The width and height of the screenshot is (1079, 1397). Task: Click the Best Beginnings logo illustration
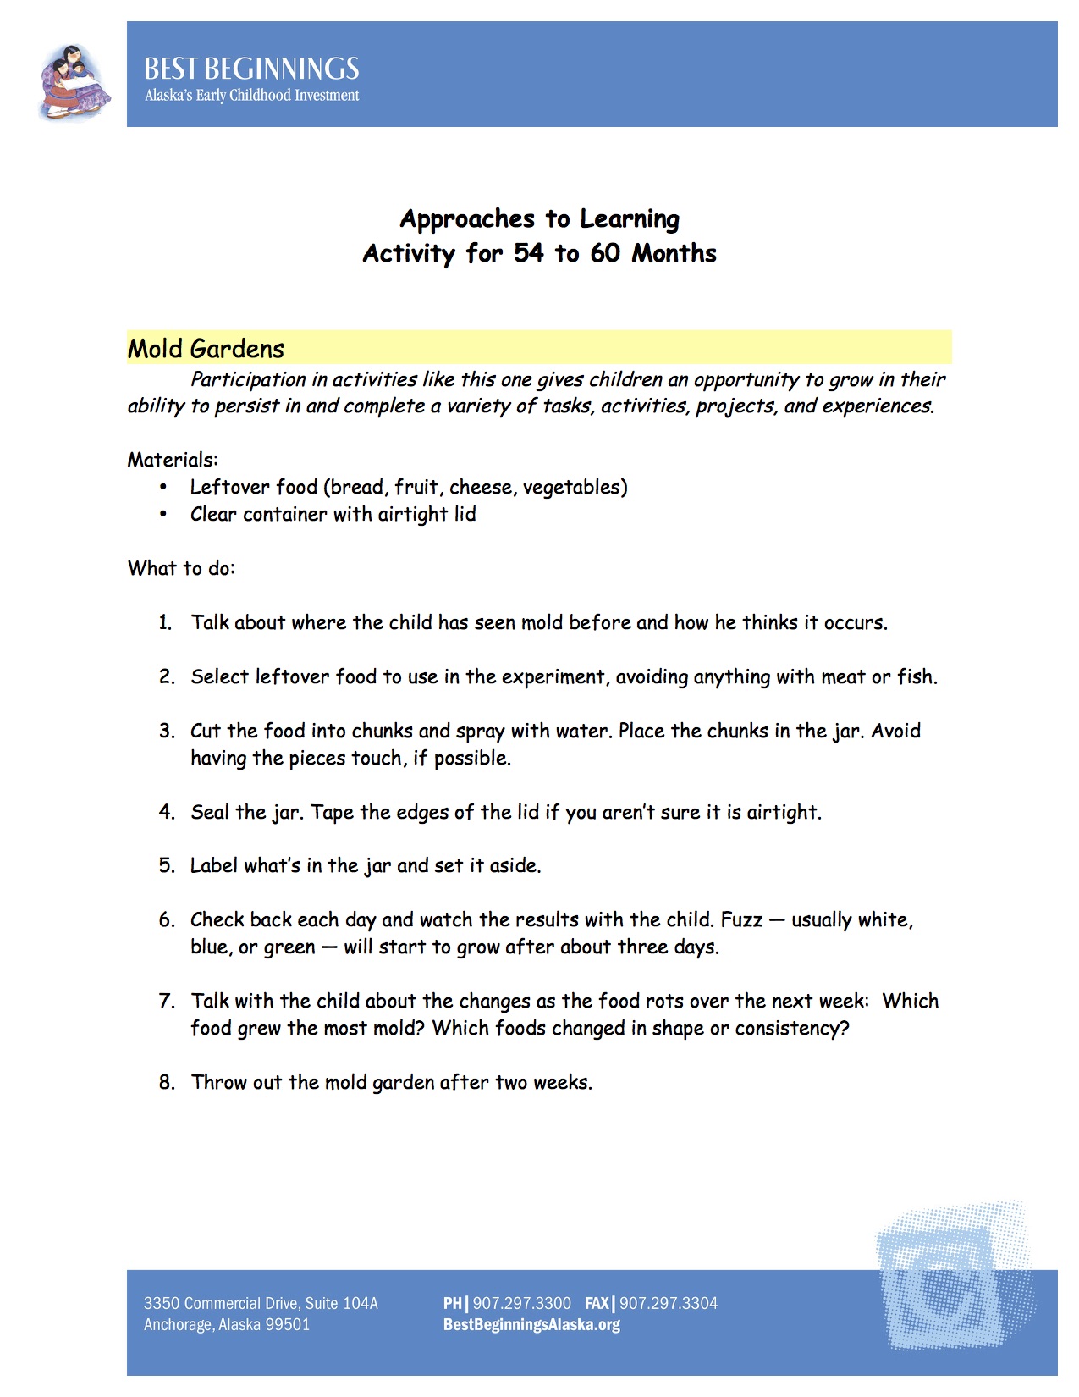(74, 83)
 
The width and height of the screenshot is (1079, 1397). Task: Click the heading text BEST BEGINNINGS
(251, 69)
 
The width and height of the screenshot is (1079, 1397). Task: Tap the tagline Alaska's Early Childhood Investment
(251, 96)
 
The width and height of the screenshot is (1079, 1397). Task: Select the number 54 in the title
(529, 253)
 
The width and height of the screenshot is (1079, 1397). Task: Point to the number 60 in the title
(605, 253)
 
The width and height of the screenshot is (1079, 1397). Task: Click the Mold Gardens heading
(206, 349)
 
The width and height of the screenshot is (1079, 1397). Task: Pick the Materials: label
(173, 460)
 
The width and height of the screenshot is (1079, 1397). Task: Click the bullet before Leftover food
(163, 488)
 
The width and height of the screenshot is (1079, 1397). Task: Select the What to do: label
(181, 568)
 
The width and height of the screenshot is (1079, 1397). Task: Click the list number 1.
(165, 623)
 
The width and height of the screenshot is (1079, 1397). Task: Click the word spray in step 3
(480, 732)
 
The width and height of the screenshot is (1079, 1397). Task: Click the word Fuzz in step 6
(742, 920)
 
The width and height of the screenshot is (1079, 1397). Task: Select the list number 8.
(166, 1083)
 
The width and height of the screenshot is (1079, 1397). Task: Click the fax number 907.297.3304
(669, 1304)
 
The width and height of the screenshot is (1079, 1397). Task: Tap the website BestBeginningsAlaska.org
(531, 1325)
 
